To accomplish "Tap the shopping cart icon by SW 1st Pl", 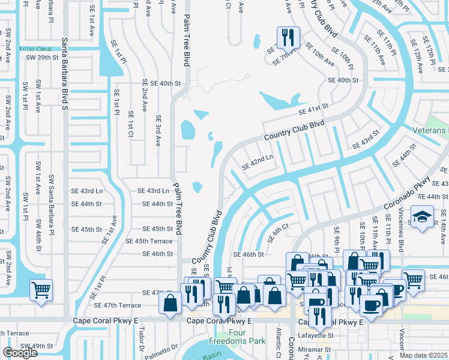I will coord(41,290).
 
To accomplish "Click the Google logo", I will coord(20,352).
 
